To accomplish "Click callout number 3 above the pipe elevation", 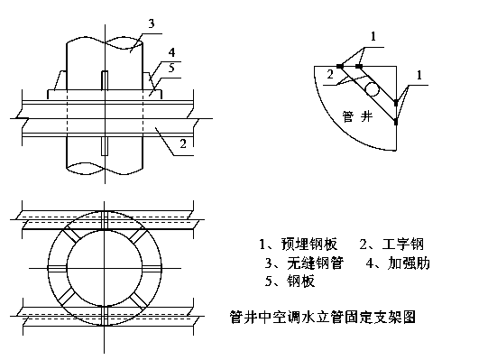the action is click(152, 23).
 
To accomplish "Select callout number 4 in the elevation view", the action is click(171, 52).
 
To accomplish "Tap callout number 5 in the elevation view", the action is click(171, 68).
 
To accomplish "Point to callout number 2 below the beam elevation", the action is click(183, 143).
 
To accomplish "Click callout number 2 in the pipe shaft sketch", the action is click(330, 74).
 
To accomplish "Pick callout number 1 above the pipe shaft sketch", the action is click(373, 37).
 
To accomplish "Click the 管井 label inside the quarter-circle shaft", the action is click(357, 116).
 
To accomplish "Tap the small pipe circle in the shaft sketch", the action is click(373, 89).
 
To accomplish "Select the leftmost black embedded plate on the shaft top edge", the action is click(340, 66).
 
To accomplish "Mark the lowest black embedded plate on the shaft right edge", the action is click(396, 122).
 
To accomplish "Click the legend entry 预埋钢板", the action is click(309, 245).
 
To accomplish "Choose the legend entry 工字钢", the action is click(403, 245).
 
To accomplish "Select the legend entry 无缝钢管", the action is click(316, 263).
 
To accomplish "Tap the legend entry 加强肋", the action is click(409, 263).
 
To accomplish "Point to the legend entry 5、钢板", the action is click(290, 281).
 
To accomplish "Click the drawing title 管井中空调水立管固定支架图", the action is click(323, 318).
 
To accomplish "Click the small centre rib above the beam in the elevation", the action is click(105, 80).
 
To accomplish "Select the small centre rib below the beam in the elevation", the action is click(105, 146).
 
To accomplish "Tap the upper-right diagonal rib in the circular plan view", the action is click(137, 237).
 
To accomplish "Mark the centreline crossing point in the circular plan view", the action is click(105, 268).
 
